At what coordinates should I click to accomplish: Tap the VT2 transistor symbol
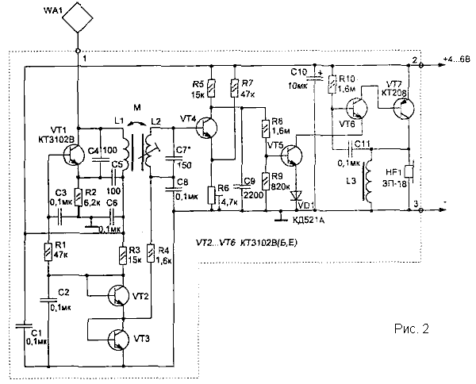click(x=117, y=295)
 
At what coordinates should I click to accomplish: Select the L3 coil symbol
click(x=369, y=184)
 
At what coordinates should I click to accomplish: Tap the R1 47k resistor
click(x=49, y=252)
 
